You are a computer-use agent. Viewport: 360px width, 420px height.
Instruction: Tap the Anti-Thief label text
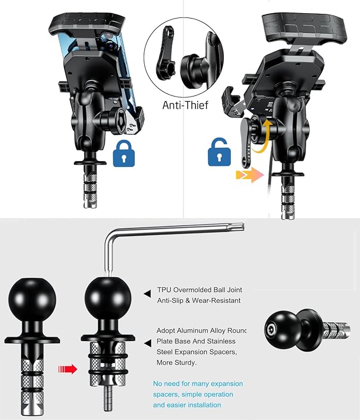click(x=185, y=105)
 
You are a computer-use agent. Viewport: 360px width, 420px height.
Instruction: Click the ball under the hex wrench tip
click(x=108, y=298)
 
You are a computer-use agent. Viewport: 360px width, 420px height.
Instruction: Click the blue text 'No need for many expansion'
click(x=198, y=383)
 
